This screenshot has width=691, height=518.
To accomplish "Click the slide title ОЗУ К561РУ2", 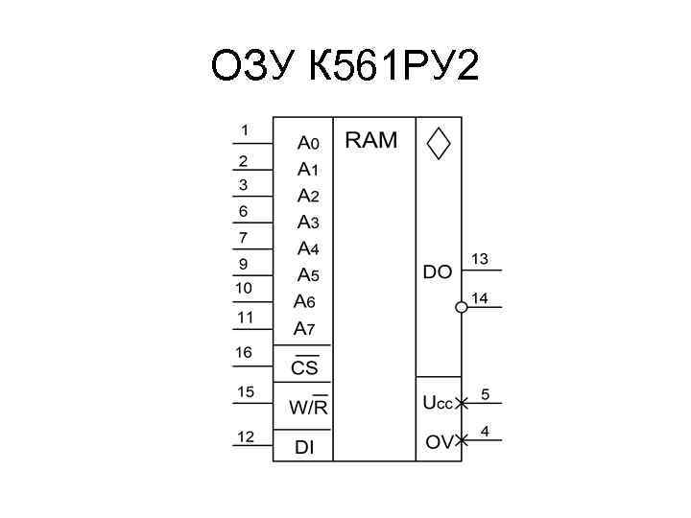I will point(345,67).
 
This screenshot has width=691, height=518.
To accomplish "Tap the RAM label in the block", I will point(370,140).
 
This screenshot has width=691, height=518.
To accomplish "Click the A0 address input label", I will point(308,143).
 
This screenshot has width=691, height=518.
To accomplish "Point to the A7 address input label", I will point(304,328).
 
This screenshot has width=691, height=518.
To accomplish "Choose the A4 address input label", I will point(307,248).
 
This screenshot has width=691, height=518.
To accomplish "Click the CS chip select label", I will point(304,367).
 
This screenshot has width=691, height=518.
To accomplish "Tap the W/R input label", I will point(308,407).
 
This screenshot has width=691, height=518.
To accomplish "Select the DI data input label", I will point(304,447).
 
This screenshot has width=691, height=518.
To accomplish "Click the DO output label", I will point(437,272).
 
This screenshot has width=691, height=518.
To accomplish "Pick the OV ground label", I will point(438,442).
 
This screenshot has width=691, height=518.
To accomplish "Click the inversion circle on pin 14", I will point(461,307).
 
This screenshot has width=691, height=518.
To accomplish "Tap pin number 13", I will point(479,259).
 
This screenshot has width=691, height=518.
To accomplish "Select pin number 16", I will point(244,353).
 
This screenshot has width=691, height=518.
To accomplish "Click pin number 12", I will point(246,437).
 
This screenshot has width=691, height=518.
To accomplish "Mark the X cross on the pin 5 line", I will point(462,403).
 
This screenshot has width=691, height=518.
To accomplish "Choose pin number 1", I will point(245,130).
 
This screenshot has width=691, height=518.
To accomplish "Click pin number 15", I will point(246,392).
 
